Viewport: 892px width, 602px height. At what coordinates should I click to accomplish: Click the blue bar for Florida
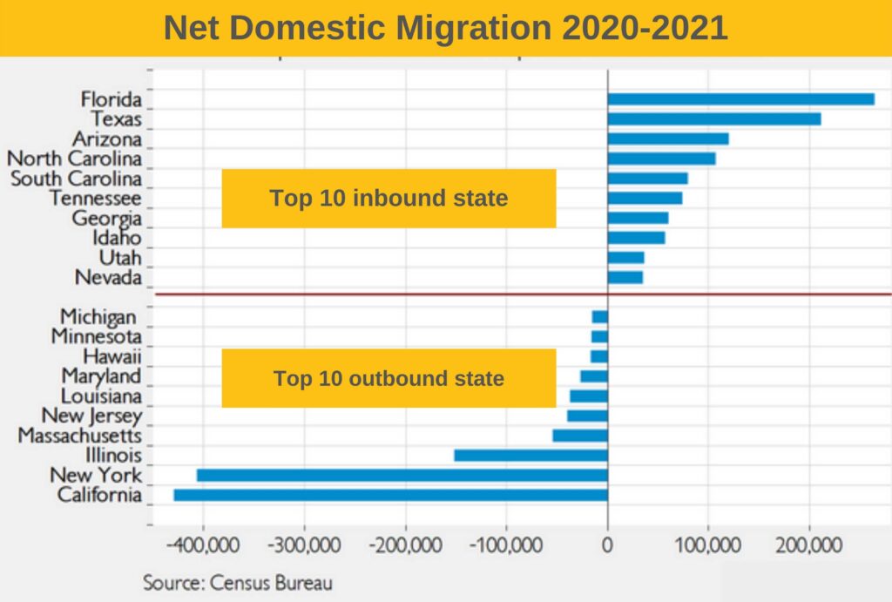[740, 99]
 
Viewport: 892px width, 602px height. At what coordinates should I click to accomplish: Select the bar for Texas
[714, 119]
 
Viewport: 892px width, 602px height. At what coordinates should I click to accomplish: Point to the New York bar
[402, 475]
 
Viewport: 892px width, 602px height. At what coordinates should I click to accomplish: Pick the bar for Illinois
[530, 456]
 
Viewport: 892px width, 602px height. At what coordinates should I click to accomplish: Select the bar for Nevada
[625, 278]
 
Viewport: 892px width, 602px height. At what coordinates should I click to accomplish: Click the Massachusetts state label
[79, 435]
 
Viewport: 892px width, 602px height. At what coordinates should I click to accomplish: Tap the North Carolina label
[74, 159]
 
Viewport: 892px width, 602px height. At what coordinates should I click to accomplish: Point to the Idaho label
[117, 238]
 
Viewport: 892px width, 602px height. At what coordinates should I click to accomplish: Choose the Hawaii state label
[111, 356]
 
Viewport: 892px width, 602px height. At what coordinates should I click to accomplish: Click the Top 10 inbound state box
[389, 199]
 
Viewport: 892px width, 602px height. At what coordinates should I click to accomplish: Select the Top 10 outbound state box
[389, 379]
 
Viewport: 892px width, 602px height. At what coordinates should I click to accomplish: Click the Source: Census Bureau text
[238, 581]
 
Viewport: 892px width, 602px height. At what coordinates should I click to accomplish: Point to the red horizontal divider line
[523, 294]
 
